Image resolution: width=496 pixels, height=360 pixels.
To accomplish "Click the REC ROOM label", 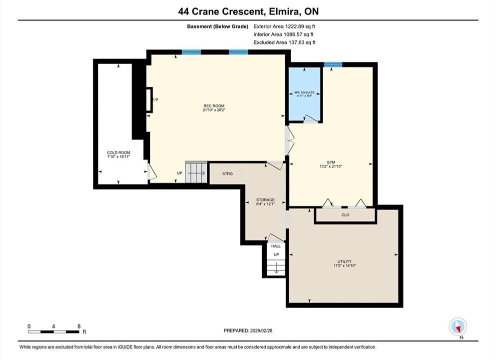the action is (214, 106).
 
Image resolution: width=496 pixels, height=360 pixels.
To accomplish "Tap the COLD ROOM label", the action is (118, 152).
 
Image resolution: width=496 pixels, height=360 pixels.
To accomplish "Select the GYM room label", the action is (331, 162).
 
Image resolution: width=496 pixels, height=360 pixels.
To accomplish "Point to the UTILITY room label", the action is (345, 261).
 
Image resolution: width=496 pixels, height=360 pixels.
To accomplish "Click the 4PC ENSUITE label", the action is (304, 92).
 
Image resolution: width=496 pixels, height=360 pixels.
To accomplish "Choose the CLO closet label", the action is (346, 214).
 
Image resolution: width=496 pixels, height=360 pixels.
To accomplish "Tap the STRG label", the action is (227, 174).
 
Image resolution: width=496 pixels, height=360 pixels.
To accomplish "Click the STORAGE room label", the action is (265, 200).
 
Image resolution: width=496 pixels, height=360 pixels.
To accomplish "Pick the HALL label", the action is (276, 246).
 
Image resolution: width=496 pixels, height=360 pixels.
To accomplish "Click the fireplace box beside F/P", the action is (149, 99).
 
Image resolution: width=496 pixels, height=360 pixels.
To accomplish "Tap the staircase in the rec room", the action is (196, 172).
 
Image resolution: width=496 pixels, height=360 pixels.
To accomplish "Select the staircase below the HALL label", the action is (276, 267).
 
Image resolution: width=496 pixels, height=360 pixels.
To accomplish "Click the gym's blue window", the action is (333, 64).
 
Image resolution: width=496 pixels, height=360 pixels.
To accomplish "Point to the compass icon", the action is (458, 326).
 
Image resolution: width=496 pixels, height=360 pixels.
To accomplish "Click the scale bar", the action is (53, 332).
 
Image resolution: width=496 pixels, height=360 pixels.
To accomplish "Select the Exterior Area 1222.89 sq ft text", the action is (284, 26).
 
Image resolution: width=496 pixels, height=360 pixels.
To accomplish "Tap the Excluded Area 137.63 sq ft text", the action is (284, 42).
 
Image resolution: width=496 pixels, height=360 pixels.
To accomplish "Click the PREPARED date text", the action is (248, 330).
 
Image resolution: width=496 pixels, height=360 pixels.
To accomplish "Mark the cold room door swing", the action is (152, 172).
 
